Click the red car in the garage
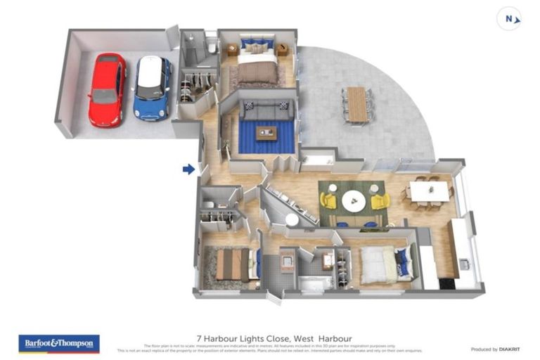point(107,89)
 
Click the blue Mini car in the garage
point(153,88)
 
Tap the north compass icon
point(509,19)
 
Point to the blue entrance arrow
point(188,169)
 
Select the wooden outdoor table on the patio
point(357,104)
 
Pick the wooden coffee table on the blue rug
point(266,133)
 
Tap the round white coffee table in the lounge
point(353,201)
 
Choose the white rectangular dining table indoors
point(429,191)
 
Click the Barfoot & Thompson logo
point(59,344)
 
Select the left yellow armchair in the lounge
point(328,201)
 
